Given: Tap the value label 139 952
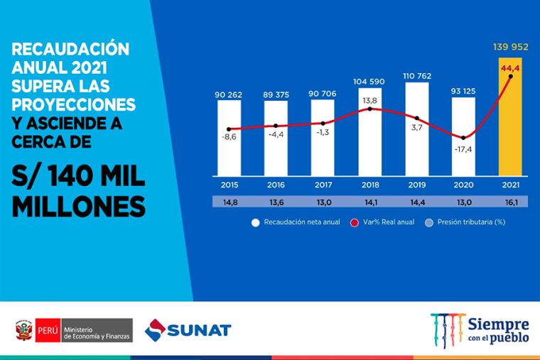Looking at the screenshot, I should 512,48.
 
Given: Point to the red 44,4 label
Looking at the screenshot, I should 512,68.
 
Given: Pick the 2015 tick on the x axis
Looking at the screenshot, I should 229,186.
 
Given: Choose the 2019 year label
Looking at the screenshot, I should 417,186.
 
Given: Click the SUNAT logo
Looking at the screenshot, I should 188,329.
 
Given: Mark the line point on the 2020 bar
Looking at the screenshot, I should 464,138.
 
